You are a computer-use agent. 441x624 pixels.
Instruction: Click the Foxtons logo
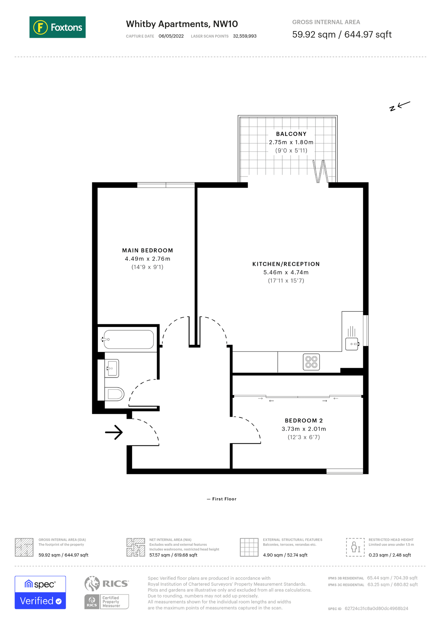coord(58,27)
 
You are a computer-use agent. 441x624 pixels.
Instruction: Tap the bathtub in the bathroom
coord(129,339)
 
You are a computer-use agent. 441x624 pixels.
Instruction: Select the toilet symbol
coord(115,394)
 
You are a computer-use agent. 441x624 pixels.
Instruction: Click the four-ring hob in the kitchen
coord(311,362)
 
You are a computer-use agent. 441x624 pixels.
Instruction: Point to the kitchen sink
coord(352,344)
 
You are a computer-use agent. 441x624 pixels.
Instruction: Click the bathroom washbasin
coord(112,368)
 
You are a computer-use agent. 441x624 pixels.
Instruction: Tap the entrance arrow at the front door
coord(114,432)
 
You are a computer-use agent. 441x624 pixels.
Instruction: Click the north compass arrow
coord(400,105)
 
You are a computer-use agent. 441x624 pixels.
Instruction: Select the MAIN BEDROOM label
coord(147,250)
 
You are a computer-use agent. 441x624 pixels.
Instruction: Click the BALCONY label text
coord(291,134)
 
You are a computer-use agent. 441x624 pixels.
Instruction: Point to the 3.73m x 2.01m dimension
coord(303,429)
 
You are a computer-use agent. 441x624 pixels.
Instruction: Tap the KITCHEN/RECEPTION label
coord(286,264)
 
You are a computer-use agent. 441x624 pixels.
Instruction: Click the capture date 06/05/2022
coord(171,36)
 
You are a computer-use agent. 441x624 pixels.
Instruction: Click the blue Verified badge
coord(40,600)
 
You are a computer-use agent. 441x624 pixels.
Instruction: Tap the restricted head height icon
coord(355,547)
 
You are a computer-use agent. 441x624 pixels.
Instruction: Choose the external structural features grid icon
coord(249,547)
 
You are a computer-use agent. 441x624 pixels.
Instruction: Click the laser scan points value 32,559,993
coord(245,36)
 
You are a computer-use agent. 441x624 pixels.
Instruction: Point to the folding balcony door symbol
coord(320,171)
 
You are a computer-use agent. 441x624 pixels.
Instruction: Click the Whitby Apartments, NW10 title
coord(182,24)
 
